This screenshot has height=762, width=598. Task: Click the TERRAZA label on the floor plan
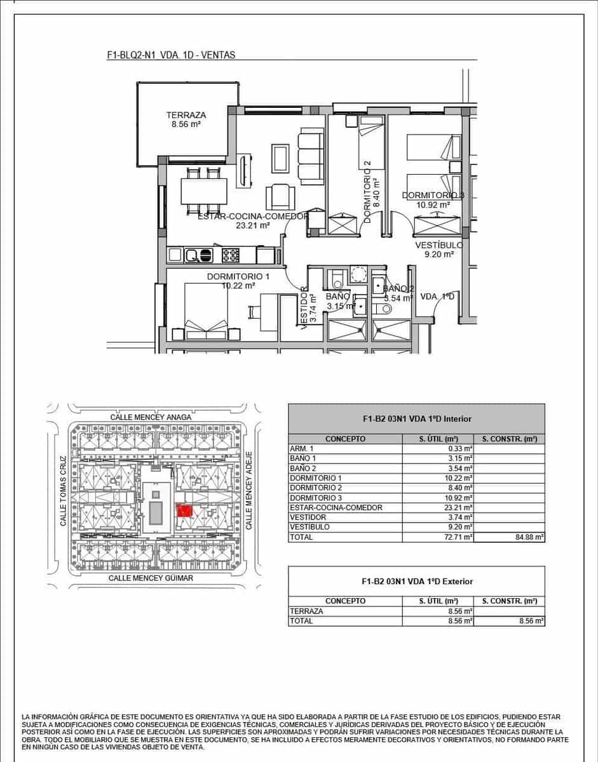tap(186, 115)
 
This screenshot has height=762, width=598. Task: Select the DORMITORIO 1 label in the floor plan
tap(238, 277)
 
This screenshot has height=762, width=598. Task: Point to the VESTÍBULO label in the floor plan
tap(438, 245)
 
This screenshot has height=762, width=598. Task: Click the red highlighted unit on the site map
tap(185, 510)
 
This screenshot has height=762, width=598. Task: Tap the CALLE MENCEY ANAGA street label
tap(151, 417)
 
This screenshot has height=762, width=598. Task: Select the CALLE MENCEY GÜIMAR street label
tap(151, 578)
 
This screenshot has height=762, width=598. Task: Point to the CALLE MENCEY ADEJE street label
tap(249, 491)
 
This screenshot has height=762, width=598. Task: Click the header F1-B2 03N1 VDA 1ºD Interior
tap(416, 419)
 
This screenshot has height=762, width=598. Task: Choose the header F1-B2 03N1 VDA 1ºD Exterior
tap(416, 581)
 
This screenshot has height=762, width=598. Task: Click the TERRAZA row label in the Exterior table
tap(306, 611)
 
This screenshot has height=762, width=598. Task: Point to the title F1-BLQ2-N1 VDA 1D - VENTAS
tap(172, 55)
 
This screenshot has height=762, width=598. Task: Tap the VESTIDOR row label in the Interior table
tap(308, 518)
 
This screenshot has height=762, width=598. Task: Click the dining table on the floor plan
tap(204, 191)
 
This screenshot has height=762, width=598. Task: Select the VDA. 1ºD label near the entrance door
tap(438, 297)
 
